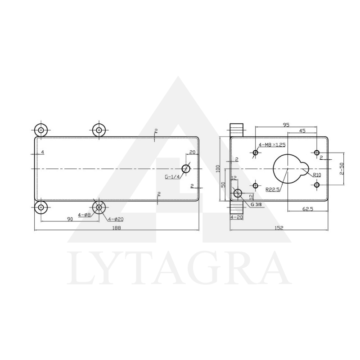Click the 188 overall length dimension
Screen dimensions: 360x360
coord(117,228)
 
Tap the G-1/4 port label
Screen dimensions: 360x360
coord(172,177)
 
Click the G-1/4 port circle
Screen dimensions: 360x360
coord(186,169)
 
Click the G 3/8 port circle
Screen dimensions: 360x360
coord(238,194)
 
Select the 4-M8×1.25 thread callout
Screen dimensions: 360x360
coord(272,145)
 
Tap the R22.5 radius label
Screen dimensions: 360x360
coord(272,189)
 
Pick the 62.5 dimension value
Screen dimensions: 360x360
coord(308,209)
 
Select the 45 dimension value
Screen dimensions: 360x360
coord(302,131)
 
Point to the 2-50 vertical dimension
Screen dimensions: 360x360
coord(342,169)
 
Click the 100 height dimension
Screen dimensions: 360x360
coord(218,168)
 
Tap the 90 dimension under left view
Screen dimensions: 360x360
coord(70,219)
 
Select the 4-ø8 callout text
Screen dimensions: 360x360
coord(84,215)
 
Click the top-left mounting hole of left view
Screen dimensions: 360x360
coord(41,130)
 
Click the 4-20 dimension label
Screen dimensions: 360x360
coord(237,217)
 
